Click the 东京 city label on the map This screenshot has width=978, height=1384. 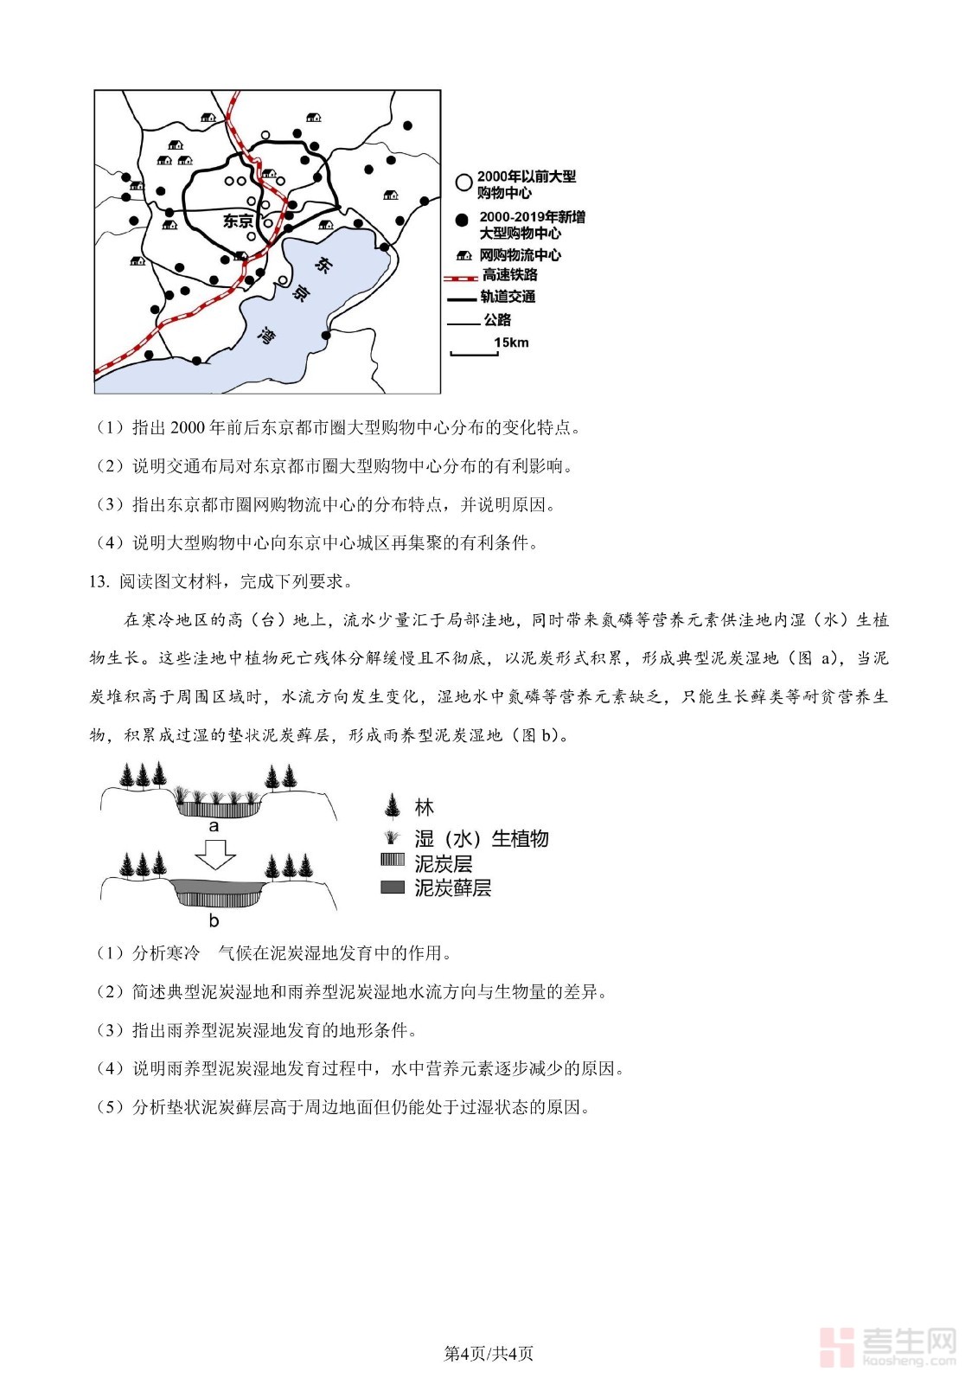[x=238, y=221]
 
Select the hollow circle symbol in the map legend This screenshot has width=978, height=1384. [x=463, y=183]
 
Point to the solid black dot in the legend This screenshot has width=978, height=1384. [x=463, y=221]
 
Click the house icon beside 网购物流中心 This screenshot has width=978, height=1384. [x=463, y=255]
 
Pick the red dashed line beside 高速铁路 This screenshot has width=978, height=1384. [x=460, y=277]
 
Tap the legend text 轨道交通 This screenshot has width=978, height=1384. [x=508, y=297]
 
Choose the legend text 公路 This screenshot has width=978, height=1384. [x=497, y=320]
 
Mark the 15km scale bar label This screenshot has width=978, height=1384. [x=511, y=343]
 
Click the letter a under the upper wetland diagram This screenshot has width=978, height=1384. [x=214, y=826]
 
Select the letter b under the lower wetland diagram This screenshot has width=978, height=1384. [x=214, y=920]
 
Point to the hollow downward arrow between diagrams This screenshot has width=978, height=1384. [x=215, y=854]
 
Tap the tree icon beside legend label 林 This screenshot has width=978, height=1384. [x=393, y=807]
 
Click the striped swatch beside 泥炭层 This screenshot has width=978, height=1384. [x=393, y=862]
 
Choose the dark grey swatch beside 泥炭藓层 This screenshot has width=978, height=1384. [x=393, y=887]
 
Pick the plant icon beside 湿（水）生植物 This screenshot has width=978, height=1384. [x=393, y=837]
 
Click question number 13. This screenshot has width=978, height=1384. [x=99, y=582]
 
